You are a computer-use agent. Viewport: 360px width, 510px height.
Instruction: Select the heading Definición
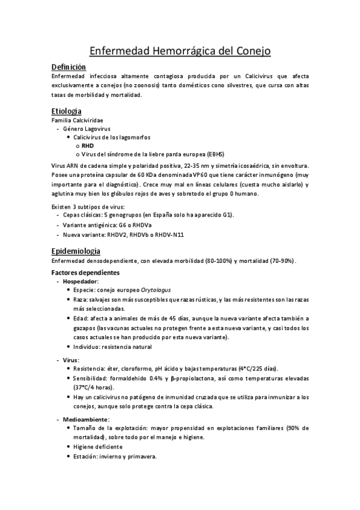69,67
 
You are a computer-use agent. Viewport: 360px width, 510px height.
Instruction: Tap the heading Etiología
67,111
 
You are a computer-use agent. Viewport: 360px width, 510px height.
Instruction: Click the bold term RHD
88,146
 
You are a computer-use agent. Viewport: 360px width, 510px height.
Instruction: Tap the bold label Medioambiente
85,419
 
